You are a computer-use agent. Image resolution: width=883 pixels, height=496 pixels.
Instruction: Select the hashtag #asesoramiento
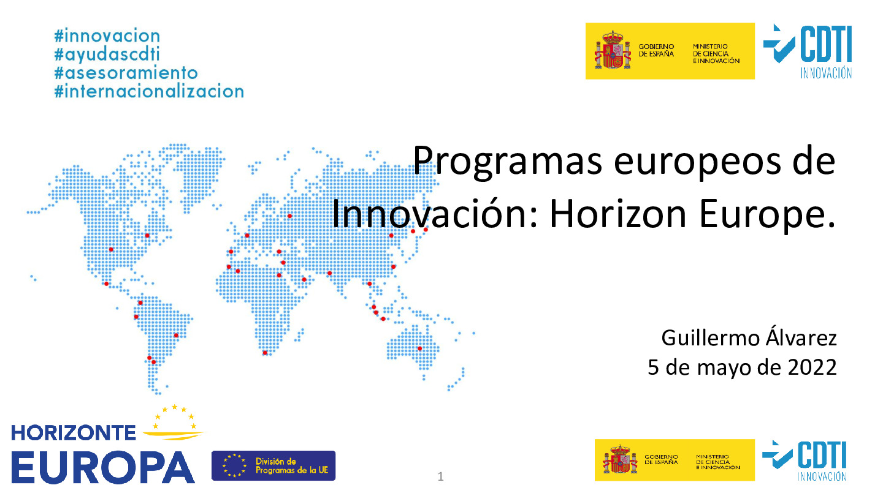click(126, 72)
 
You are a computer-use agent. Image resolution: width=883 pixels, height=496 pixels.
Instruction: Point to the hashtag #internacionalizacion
click(149, 91)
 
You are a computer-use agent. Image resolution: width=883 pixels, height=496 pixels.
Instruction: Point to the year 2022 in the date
click(812, 368)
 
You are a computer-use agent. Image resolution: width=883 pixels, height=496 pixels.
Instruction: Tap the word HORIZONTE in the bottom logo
click(74, 434)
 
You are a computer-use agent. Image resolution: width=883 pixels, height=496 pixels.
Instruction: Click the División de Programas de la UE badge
click(273, 465)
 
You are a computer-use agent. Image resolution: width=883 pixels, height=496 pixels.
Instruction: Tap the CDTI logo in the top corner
click(808, 51)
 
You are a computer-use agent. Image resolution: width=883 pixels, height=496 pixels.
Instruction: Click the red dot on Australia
click(420, 349)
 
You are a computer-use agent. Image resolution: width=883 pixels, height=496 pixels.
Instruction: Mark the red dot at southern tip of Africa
click(265, 353)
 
